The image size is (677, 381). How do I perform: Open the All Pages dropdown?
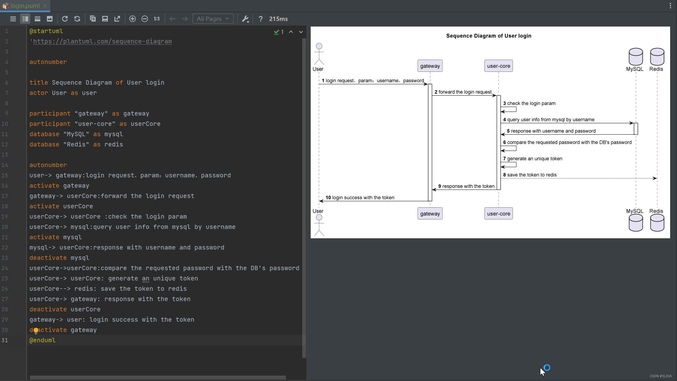click(x=213, y=19)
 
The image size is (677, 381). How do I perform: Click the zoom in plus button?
click(x=132, y=19)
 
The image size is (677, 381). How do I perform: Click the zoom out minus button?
click(x=144, y=19)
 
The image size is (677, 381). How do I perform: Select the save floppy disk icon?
click(x=105, y=19)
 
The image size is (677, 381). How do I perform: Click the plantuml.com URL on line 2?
click(x=102, y=41)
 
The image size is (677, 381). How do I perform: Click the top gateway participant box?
click(x=430, y=66)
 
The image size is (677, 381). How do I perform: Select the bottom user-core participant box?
click(x=498, y=214)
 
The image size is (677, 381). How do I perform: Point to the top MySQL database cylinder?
click(x=635, y=57)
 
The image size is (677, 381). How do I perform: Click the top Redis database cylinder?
click(x=657, y=57)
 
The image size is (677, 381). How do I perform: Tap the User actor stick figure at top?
click(x=319, y=54)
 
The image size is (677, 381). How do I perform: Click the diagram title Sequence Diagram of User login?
click(x=489, y=36)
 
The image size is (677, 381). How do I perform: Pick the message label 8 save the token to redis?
click(x=530, y=175)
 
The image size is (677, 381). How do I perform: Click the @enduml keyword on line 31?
click(x=43, y=340)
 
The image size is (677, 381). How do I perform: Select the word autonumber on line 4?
click(x=48, y=62)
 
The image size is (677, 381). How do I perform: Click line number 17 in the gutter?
click(x=5, y=196)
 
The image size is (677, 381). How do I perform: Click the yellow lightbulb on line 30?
click(x=36, y=330)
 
